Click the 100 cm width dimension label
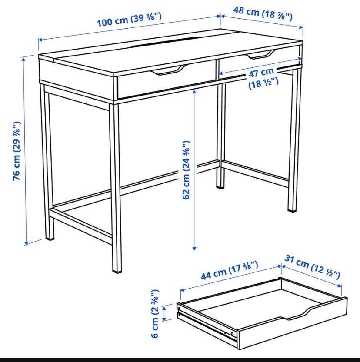(129, 20)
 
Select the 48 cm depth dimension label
(263, 13)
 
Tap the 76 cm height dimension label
(17, 151)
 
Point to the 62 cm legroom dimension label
(186, 170)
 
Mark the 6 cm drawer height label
(155, 313)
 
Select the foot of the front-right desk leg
(292, 209)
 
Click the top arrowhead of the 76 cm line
(23, 59)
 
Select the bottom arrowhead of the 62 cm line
(194, 248)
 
